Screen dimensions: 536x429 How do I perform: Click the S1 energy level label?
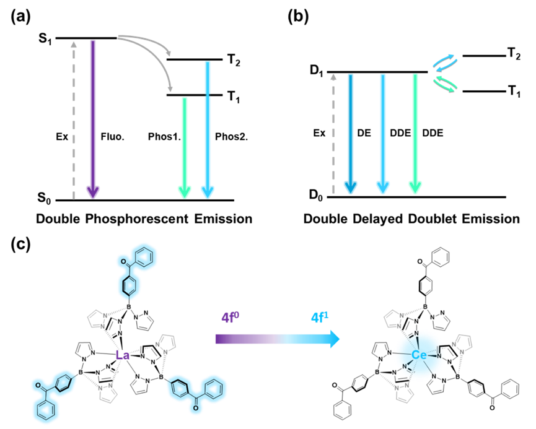coord(45,39)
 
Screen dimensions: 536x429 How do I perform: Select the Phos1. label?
coord(164,137)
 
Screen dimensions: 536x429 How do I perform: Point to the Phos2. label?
coord(231,137)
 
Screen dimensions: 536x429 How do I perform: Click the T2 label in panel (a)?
coord(234,61)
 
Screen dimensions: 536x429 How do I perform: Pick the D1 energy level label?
coord(316,71)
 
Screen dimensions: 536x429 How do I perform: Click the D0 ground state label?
coord(316,195)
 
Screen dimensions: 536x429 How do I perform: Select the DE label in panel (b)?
coord(364,133)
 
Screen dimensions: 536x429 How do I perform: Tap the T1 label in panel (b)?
coord(514,92)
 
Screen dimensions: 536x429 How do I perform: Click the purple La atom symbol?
coord(123,355)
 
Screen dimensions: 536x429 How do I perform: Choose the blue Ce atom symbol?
coord(419,355)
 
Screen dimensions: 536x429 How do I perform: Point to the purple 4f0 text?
coord(231,317)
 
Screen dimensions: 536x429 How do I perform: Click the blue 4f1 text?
coord(320,317)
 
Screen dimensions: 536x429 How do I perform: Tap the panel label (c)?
coord(20,245)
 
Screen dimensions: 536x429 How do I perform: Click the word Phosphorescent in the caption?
coord(137,219)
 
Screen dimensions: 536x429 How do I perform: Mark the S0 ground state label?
coord(44,198)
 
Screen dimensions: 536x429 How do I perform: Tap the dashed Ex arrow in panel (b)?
coord(333,134)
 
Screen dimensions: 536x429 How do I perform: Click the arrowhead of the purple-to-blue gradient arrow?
coord(335,339)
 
